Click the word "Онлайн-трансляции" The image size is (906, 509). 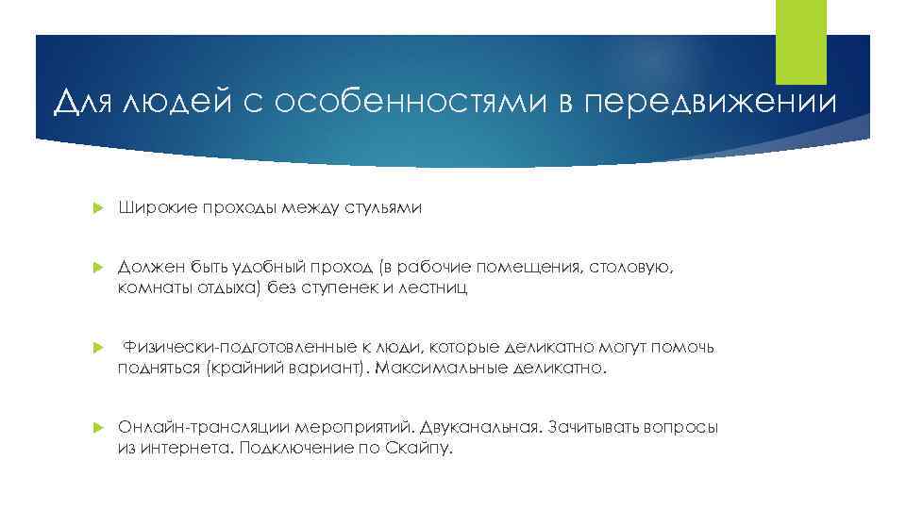206,428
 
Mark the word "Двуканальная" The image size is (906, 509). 480,428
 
